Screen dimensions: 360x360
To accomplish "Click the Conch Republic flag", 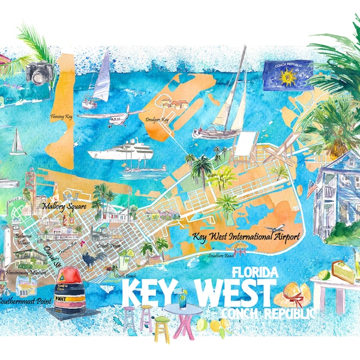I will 287,76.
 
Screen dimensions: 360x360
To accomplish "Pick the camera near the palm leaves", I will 41,73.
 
